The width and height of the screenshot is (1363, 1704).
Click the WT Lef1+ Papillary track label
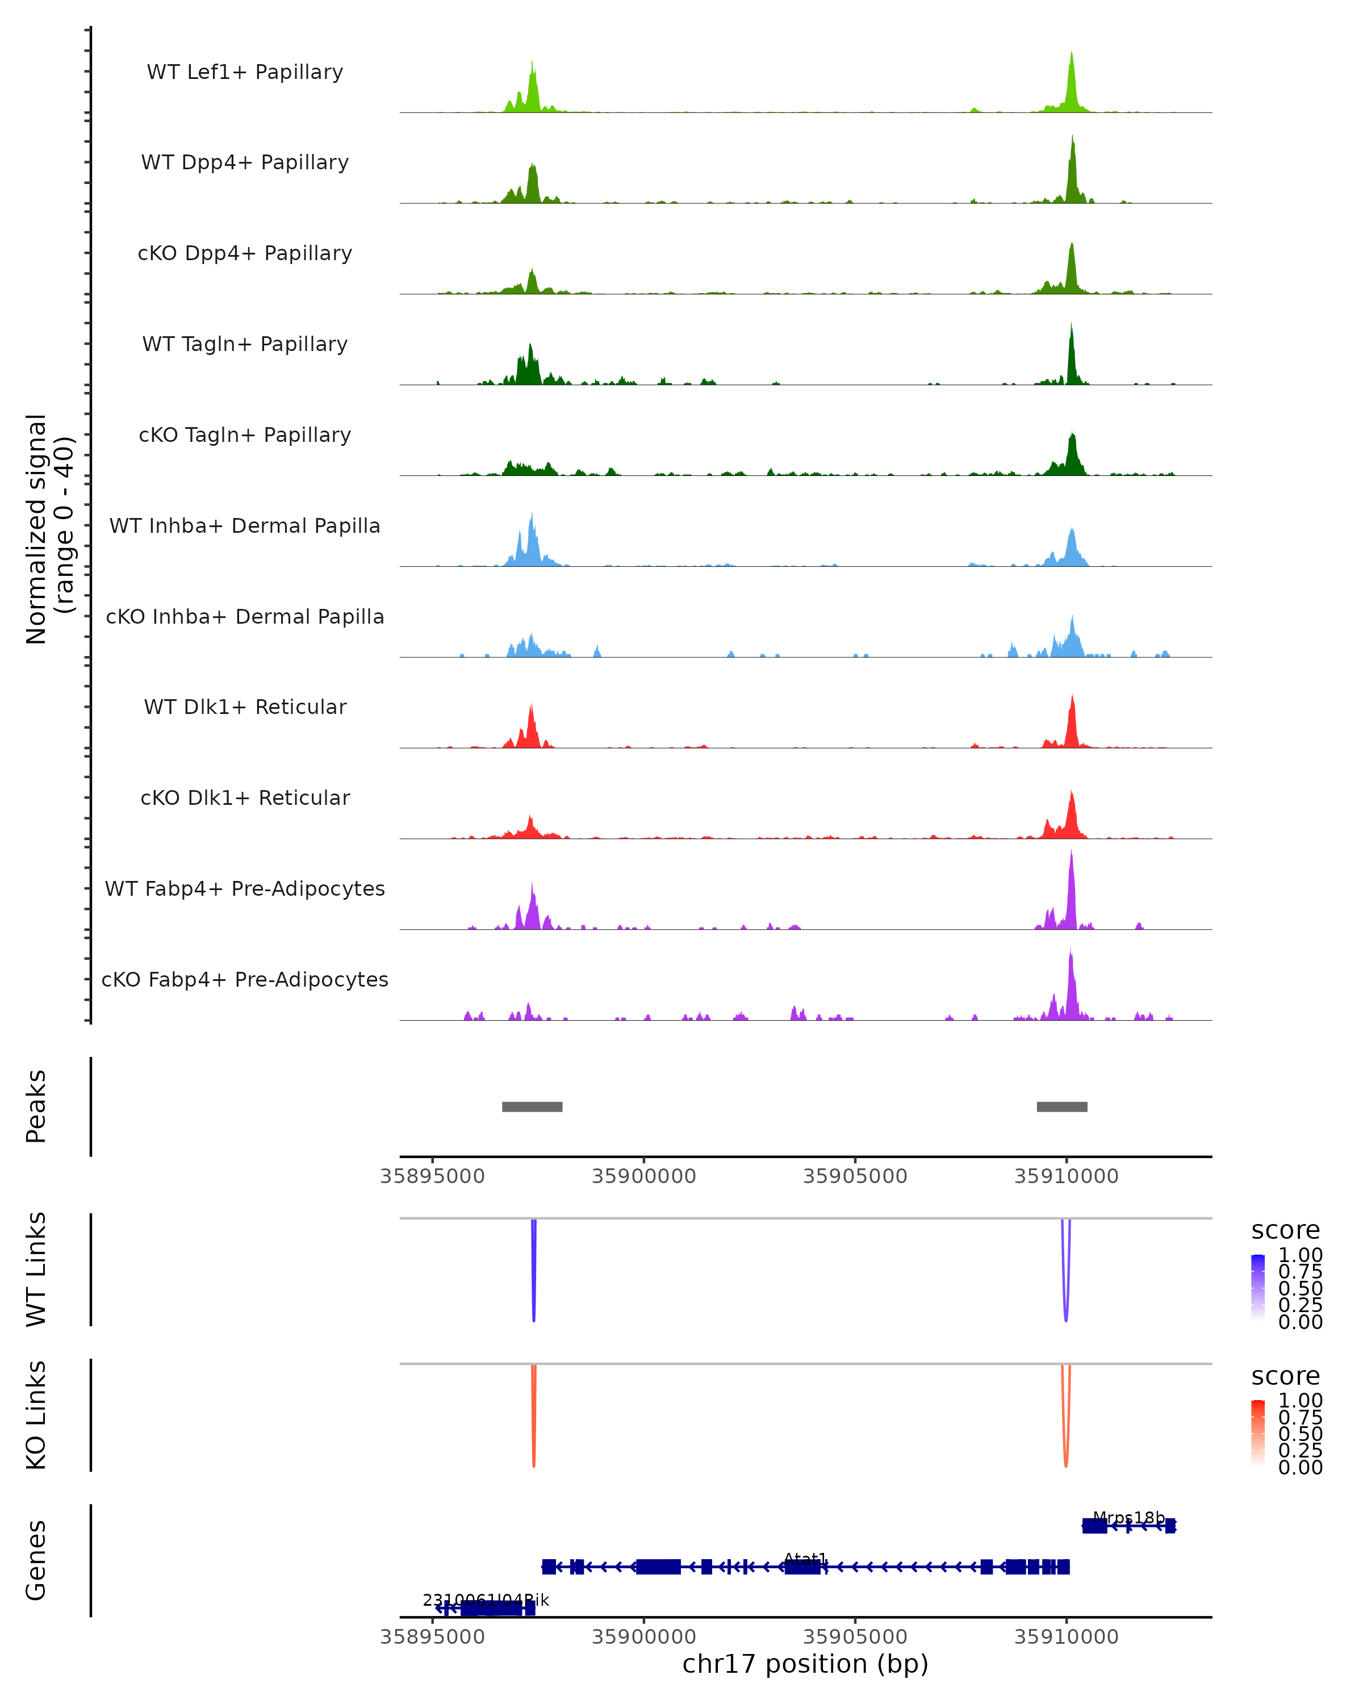[x=245, y=72]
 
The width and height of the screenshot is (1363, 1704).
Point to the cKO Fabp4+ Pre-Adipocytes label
[x=245, y=979]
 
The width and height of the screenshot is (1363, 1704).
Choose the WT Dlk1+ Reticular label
[x=245, y=707]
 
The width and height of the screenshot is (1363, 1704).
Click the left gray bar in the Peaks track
[x=532, y=1106]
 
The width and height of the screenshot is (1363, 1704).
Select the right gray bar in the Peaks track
[x=1061, y=1106]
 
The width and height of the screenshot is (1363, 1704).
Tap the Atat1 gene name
[x=805, y=1559]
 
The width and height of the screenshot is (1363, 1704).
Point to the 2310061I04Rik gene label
[x=485, y=1601]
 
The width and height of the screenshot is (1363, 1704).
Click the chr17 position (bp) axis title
[x=805, y=1664]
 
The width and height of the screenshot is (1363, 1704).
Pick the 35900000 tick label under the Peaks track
[x=643, y=1176]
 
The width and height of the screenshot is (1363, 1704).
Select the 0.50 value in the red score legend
[x=1300, y=1433]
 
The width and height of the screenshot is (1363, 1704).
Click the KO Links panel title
[x=36, y=1415]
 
